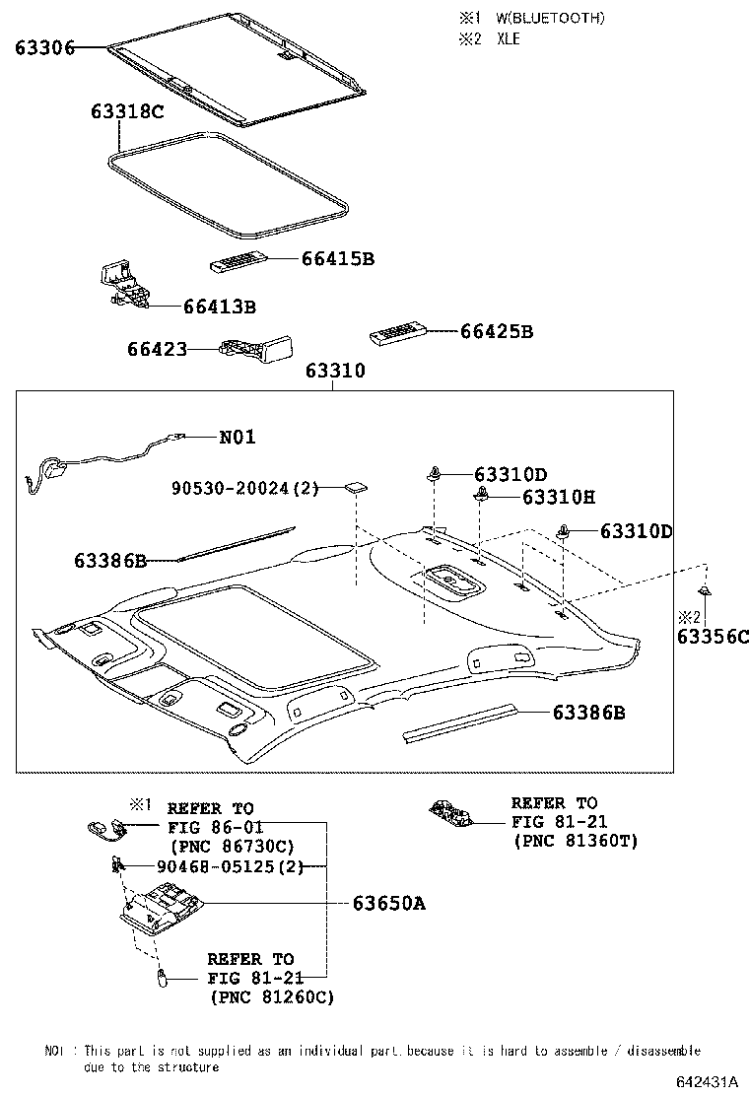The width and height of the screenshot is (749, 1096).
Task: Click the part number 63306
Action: click(x=44, y=47)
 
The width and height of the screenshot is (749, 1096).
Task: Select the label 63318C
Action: click(x=127, y=111)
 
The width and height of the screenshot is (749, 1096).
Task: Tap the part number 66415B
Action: click(x=338, y=258)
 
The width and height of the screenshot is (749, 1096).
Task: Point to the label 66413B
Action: click(x=219, y=308)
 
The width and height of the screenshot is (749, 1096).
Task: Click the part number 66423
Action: click(x=157, y=348)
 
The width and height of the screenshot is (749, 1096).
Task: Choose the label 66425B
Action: click(x=497, y=332)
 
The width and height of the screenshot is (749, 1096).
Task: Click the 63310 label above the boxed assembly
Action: click(x=335, y=372)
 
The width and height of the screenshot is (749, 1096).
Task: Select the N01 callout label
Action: click(x=236, y=437)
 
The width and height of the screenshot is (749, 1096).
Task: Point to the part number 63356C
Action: click(x=713, y=637)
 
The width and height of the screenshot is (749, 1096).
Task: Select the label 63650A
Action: click(x=388, y=903)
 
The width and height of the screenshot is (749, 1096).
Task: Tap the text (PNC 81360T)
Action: click(x=577, y=841)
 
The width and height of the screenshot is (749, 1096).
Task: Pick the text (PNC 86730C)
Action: click(x=233, y=846)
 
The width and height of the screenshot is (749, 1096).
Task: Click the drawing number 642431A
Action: click(x=707, y=1082)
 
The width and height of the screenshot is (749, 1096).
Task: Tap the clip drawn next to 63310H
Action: click(x=483, y=495)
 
